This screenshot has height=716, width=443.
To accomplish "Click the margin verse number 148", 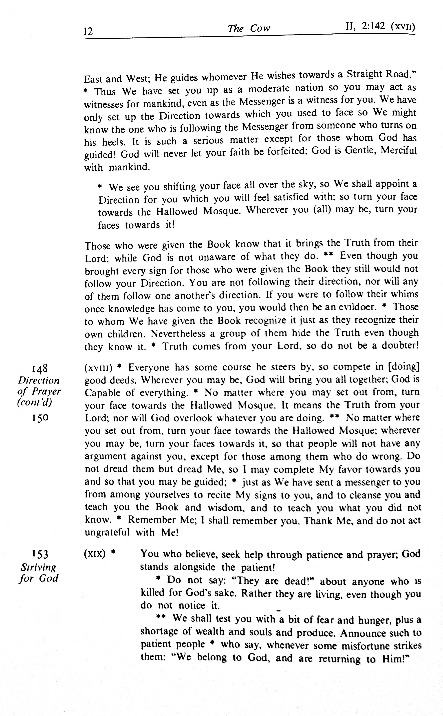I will [x=40, y=368].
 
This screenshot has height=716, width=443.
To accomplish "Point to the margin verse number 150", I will [x=40, y=418].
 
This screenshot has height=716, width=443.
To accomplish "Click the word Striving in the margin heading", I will [x=38, y=567].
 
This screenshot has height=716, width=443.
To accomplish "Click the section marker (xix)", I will [x=95, y=554].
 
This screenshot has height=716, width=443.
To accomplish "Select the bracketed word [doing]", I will [x=403, y=367].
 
